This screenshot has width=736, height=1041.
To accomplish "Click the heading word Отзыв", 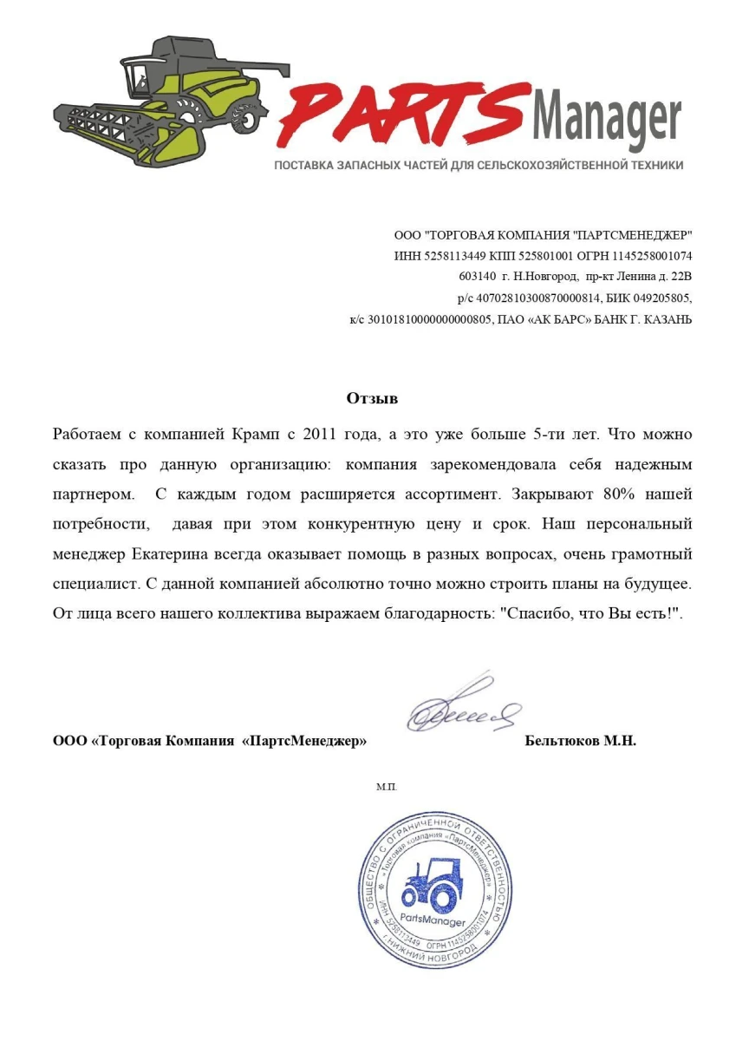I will click(x=372, y=399).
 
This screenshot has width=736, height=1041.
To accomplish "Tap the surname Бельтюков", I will click(x=563, y=742).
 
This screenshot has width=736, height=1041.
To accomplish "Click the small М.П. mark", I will click(x=386, y=787).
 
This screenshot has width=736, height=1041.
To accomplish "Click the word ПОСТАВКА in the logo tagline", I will click(x=305, y=165).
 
